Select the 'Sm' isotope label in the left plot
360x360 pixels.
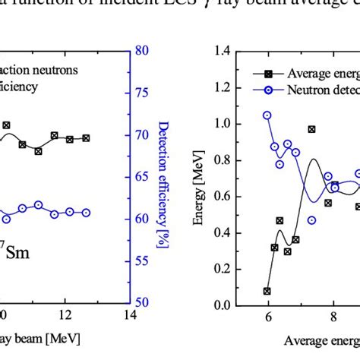15,251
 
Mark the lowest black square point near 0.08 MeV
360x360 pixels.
267,291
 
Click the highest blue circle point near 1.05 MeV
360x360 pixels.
267,115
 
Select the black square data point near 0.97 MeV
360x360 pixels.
311,130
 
